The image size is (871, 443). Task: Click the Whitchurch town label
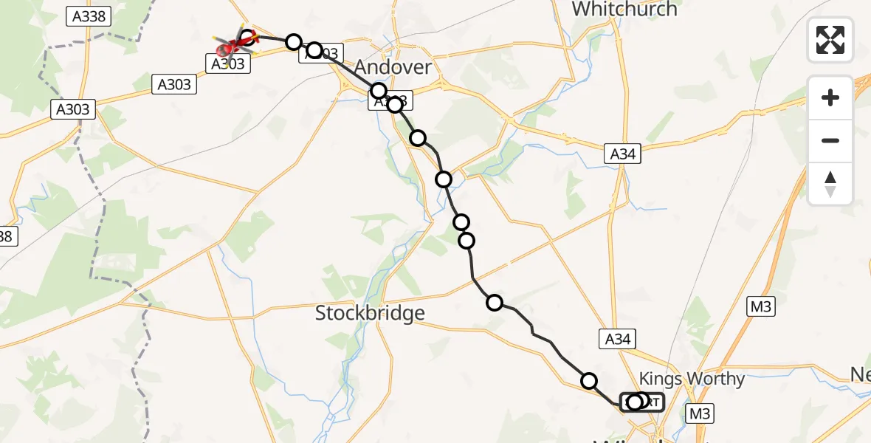624,9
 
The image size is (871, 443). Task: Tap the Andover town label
393,67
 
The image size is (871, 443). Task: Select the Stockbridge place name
370,313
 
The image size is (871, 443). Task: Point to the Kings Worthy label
692,379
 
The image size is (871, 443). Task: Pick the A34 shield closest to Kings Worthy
617,339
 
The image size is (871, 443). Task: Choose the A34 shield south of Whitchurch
622,154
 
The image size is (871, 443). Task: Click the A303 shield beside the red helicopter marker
228,63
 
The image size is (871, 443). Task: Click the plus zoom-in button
830,97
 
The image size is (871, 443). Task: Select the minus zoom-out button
830,140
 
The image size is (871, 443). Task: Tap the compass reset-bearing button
830,183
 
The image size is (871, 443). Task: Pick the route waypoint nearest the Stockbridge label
495,302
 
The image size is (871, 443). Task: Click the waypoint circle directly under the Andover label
379,91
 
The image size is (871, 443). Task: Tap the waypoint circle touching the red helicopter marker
248,37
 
